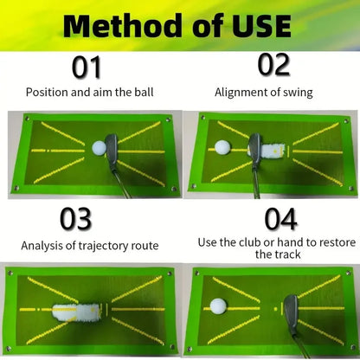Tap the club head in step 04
pyautogui.click(x=291, y=305)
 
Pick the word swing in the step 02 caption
pyautogui.click(x=296, y=91)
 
